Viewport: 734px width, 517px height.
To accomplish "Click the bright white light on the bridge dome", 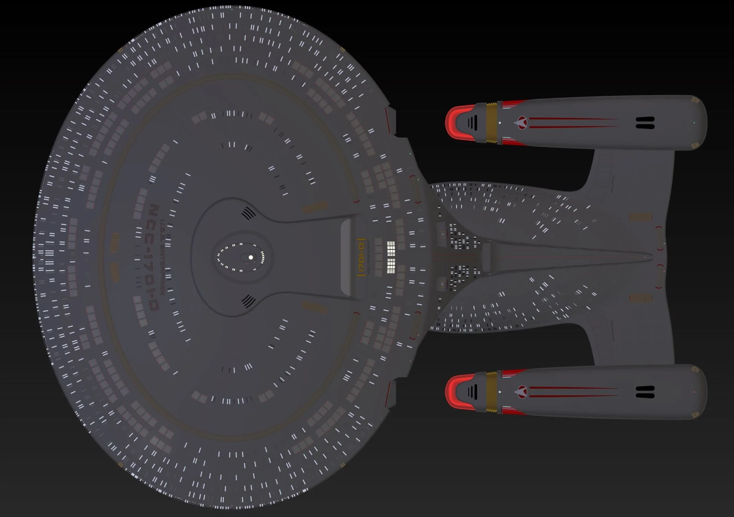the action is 251,258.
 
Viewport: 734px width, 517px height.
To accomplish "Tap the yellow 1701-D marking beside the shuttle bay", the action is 361,257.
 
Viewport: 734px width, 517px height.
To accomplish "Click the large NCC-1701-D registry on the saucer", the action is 153,257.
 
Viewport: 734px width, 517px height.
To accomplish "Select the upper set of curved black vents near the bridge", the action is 248,213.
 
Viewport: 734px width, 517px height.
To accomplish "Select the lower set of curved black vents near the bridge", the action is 248,301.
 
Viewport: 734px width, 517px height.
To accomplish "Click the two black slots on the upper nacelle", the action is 645,123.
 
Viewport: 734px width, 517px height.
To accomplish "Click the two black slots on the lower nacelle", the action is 645,392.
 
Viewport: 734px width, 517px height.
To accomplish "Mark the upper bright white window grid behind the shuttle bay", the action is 391,249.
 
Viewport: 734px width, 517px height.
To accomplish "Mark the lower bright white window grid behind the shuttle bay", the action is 391,266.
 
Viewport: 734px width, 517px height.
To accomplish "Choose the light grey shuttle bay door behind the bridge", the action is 346,257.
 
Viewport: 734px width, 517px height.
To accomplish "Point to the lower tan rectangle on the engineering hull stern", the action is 641,298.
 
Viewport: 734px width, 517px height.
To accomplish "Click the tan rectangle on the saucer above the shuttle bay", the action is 315,207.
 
